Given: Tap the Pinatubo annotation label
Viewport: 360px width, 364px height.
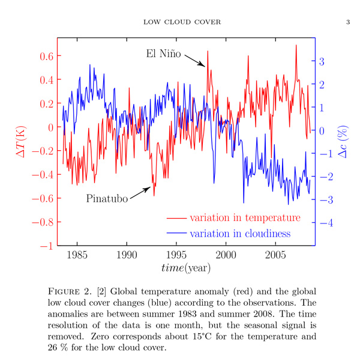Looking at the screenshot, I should [107, 198].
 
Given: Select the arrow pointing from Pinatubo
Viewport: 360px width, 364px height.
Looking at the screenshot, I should [140, 192].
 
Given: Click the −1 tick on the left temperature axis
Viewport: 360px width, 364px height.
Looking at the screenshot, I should [46, 246].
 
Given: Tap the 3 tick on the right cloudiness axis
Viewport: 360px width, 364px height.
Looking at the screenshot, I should [322, 61].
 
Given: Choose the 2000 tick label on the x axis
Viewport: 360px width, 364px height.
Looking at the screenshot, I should [226, 255].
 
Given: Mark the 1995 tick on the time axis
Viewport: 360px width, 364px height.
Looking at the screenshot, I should [176, 255].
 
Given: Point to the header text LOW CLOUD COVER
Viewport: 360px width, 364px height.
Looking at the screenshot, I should [182, 22].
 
